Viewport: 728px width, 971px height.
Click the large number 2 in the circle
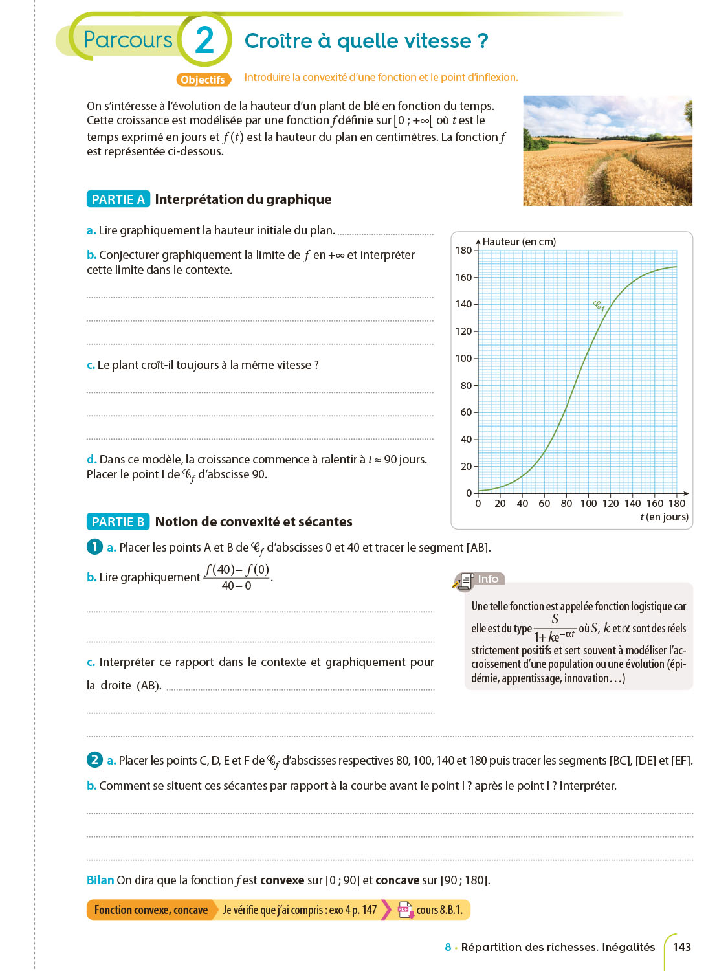tap(204, 40)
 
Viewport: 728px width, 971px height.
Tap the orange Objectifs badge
tap(203, 80)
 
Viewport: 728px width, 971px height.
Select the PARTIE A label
tap(118, 199)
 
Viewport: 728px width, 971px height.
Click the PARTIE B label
tap(118, 522)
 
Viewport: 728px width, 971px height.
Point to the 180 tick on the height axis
tap(463, 251)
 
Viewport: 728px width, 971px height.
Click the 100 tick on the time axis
tap(588, 504)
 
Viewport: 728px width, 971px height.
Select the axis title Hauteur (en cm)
tap(519, 241)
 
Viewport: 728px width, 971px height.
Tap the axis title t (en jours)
tap(664, 517)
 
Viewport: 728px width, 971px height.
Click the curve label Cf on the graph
tap(599, 306)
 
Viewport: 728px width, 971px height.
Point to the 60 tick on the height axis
tap(466, 412)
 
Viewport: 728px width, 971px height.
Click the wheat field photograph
tap(607, 151)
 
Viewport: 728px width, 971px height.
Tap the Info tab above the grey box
tap(488, 579)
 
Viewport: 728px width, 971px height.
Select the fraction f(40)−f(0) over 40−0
tap(237, 577)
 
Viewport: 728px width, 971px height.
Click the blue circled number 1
tap(94, 546)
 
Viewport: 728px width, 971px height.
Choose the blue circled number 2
tap(94, 759)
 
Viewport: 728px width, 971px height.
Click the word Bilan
tap(100, 880)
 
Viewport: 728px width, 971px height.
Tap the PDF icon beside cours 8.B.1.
tap(405, 910)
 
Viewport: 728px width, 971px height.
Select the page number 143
tap(681, 947)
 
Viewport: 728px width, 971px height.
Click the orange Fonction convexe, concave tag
tap(151, 910)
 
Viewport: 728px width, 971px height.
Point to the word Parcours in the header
tap(127, 40)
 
